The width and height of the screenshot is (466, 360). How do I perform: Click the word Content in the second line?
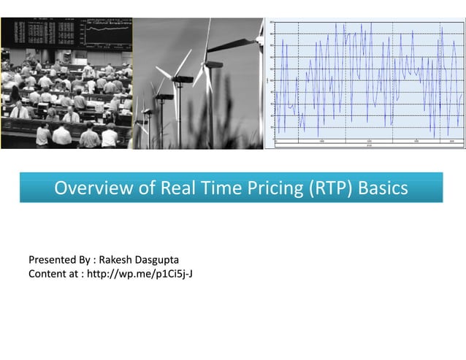tap(47, 274)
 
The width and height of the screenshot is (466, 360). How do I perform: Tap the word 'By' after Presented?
tap(85, 261)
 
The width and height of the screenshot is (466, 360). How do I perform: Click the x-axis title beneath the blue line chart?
tap(368, 145)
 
